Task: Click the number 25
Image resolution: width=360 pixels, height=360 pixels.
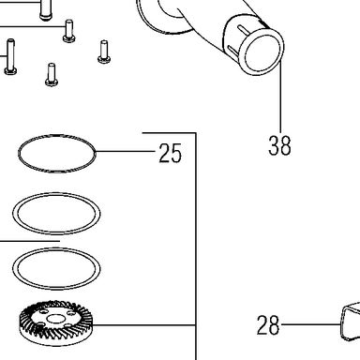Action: click(x=170, y=153)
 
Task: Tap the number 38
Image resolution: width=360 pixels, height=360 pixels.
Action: click(x=279, y=145)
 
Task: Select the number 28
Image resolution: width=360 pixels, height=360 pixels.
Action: click(x=268, y=325)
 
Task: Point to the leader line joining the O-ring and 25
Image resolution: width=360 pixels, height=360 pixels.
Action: click(x=125, y=152)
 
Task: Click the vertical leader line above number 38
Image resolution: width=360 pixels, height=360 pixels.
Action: click(x=280, y=97)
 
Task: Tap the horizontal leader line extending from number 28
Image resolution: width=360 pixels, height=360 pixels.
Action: click(x=310, y=324)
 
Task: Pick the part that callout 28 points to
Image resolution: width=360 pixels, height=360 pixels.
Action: click(x=350, y=322)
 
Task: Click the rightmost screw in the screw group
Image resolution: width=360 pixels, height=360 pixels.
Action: click(x=104, y=52)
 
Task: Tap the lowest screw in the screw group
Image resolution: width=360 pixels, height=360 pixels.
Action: click(x=52, y=75)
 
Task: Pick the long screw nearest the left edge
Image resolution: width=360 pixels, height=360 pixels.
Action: click(x=10, y=57)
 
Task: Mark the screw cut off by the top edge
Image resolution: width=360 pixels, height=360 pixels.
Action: click(x=45, y=10)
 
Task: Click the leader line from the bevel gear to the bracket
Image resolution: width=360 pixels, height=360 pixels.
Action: click(x=144, y=325)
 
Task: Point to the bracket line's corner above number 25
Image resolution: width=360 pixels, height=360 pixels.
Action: click(x=196, y=133)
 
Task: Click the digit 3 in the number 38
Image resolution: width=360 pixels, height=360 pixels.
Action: click(x=274, y=145)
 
